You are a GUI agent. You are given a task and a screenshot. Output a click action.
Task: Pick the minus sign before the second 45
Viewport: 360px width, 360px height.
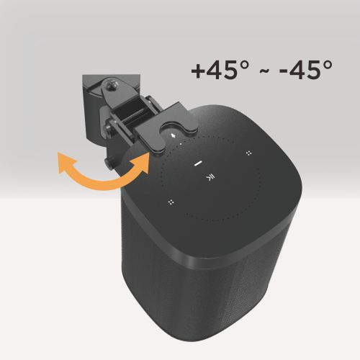coord(282,73)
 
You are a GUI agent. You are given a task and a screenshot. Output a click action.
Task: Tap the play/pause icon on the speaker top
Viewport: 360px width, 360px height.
coord(210,178)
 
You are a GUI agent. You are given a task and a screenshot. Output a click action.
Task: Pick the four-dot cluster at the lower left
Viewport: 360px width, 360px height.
coord(171,203)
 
